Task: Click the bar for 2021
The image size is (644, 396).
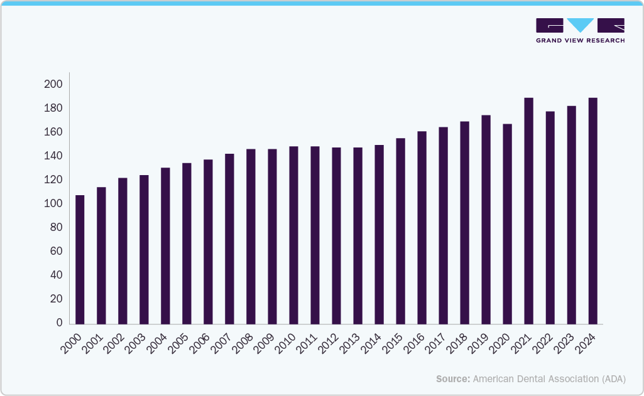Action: [528, 211]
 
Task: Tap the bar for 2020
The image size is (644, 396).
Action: [507, 224]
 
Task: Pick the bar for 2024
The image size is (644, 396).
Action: [592, 211]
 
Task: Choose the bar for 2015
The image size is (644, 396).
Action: [400, 231]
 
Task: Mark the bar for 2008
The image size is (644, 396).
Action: [251, 237]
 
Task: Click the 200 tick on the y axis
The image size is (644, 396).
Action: [53, 84]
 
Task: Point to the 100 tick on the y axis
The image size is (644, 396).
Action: [53, 204]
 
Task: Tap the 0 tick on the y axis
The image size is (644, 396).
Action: [59, 323]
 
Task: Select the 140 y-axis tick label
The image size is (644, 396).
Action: [53, 156]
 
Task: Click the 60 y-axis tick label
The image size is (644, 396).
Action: [56, 252]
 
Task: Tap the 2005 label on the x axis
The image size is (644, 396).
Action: [178, 343]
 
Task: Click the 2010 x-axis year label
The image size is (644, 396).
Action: [285, 343]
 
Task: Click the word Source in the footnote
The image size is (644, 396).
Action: [452, 379]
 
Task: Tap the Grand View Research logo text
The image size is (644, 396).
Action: [580, 41]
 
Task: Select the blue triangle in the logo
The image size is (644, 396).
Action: [580, 24]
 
